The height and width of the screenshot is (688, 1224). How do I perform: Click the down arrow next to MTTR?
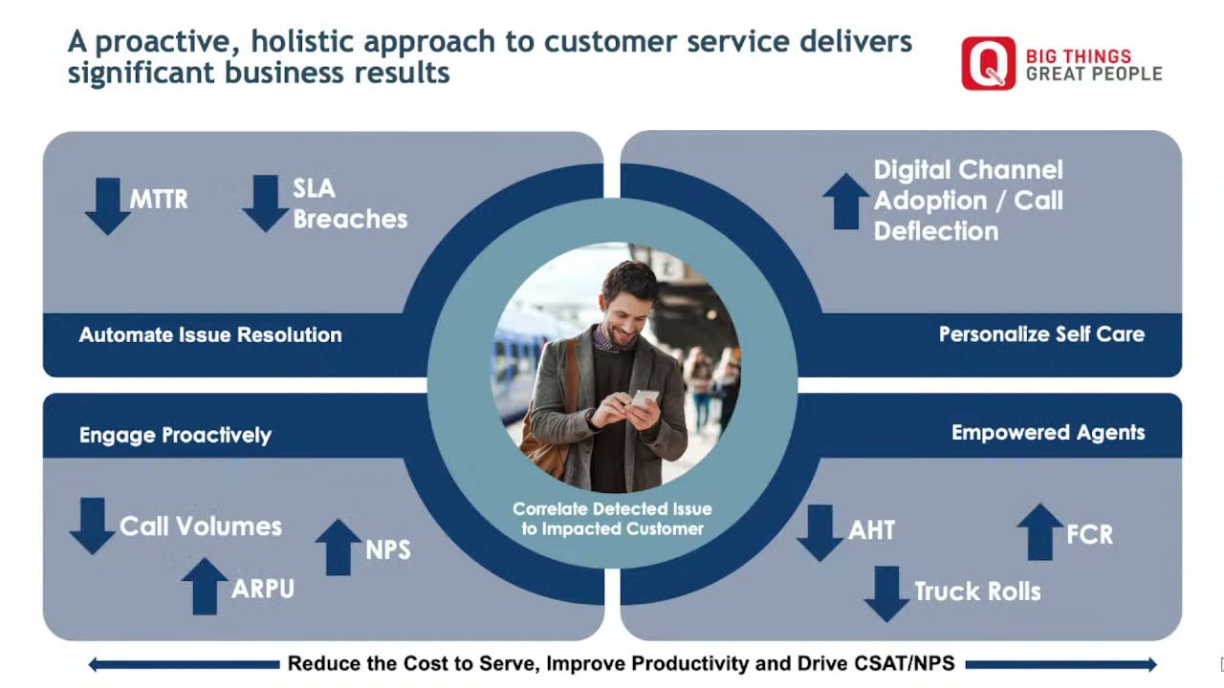[x=107, y=205]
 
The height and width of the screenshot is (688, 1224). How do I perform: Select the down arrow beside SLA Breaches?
[x=265, y=203]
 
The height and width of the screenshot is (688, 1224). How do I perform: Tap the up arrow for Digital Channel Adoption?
[x=845, y=201]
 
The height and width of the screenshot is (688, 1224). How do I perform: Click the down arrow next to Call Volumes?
[x=92, y=526]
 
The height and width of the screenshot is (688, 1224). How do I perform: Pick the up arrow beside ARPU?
[x=205, y=586]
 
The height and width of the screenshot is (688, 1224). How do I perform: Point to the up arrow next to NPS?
[x=339, y=548]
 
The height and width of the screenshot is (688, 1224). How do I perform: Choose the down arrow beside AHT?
[x=820, y=532]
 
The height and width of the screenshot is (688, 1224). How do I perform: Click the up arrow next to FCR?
[x=1039, y=531]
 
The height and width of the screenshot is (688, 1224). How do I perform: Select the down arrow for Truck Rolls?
[x=886, y=593]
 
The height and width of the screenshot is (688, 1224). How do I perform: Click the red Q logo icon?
[x=988, y=64]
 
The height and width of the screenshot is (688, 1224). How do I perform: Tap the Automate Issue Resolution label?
[x=210, y=335]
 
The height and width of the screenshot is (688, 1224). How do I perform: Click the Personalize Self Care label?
[x=1041, y=334]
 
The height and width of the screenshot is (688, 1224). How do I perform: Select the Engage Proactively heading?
[x=175, y=436]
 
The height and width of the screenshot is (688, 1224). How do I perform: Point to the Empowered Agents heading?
[x=1048, y=433]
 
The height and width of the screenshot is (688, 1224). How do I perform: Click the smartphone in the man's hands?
[x=645, y=398]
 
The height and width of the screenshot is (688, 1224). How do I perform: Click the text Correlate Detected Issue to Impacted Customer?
[x=612, y=519]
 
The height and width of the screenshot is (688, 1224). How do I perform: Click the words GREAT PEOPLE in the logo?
[x=1094, y=74]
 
